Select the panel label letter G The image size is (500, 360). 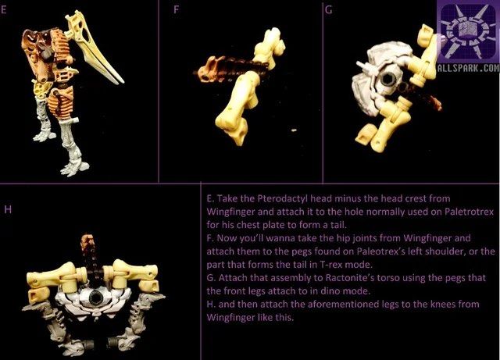(329, 11)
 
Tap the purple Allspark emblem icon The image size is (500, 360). (466, 33)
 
